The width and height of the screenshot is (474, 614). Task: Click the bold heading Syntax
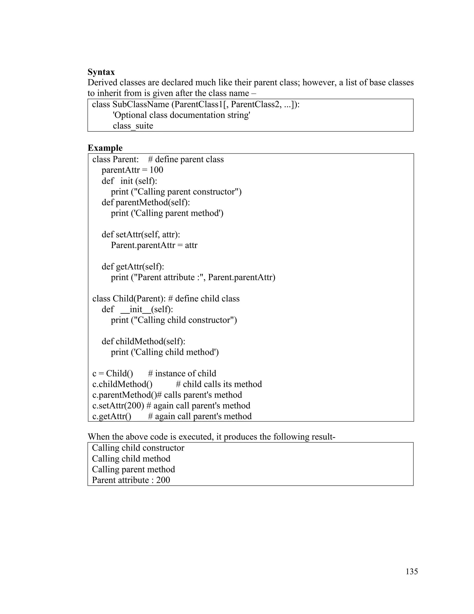(x=101, y=72)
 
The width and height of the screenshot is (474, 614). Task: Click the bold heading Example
(x=105, y=148)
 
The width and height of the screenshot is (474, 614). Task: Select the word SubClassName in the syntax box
(x=141, y=104)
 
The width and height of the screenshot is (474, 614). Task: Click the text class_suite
(x=133, y=126)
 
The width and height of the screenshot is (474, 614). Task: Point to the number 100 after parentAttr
(x=156, y=170)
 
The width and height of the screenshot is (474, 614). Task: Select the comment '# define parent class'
(x=186, y=159)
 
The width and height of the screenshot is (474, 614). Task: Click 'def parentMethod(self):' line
(x=146, y=203)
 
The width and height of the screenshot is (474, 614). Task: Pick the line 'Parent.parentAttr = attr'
(x=154, y=245)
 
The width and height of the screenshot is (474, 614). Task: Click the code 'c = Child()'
(x=113, y=374)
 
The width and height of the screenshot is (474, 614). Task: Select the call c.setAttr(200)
(x=118, y=406)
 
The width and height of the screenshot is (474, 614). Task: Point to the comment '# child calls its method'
(x=219, y=384)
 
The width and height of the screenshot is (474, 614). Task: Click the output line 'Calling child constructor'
(x=138, y=448)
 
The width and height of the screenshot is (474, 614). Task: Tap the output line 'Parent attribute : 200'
(x=131, y=480)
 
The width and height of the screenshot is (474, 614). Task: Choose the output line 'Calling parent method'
(x=133, y=469)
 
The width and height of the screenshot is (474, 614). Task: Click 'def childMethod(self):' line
(x=143, y=342)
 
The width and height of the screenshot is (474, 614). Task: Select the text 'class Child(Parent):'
(x=129, y=299)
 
